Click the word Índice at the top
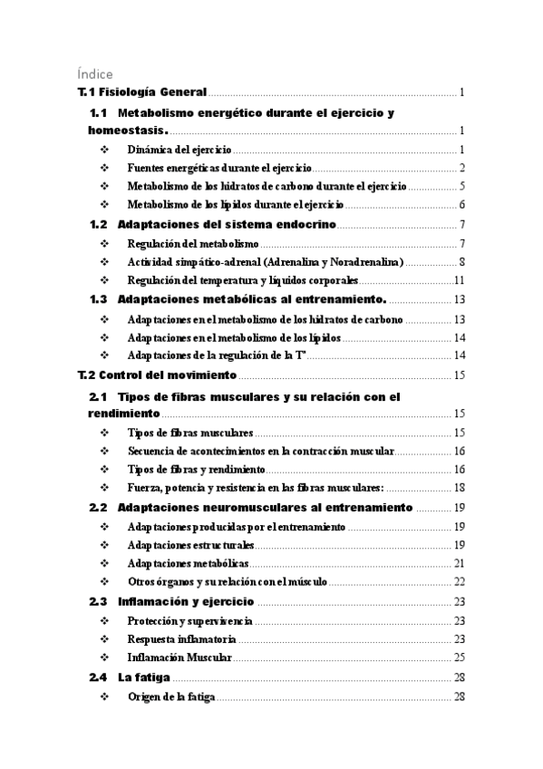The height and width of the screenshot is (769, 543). [x=94, y=73]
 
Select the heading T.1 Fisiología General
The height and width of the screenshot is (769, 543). [x=142, y=92]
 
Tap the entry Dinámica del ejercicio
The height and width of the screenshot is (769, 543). [x=179, y=149]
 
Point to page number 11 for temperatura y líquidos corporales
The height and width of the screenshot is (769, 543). [x=460, y=280]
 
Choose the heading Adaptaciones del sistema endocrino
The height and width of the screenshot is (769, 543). [x=227, y=224]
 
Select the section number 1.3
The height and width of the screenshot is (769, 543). [x=100, y=299]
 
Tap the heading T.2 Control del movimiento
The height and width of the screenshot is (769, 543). [x=157, y=375]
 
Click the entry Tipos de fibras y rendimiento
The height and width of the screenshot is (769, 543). [x=196, y=470]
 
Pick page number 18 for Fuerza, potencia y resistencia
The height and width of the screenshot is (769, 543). [x=460, y=489]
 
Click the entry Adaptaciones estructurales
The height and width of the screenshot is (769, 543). [x=190, y=545]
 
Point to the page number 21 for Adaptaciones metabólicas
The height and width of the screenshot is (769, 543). [x=460, y=564]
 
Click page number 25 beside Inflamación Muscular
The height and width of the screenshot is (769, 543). [x=460, y=657]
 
